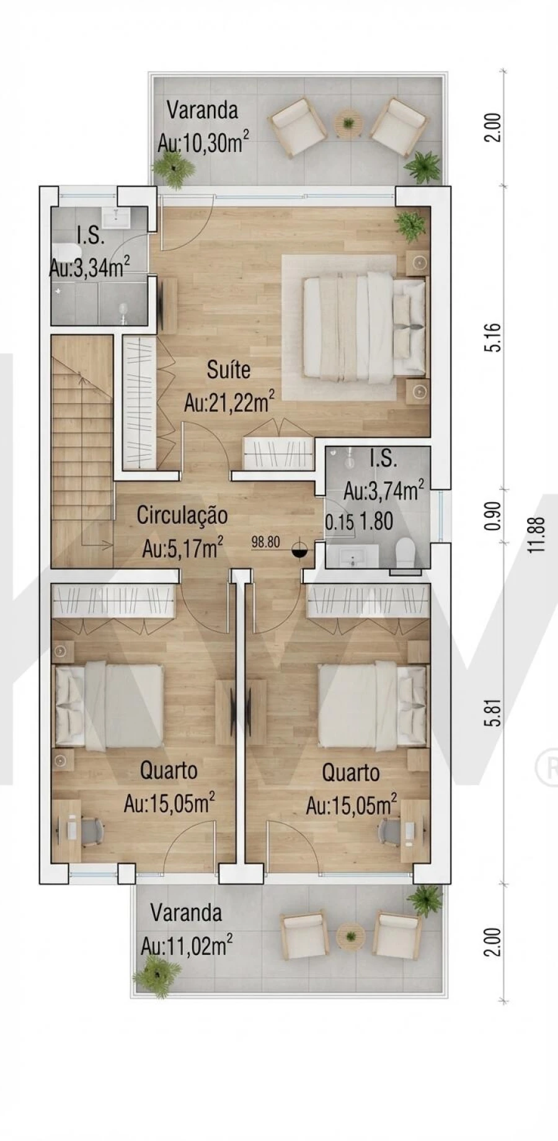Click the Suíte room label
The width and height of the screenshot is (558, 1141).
coord(229,370)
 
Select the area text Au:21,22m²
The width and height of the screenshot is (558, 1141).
coord(229,403)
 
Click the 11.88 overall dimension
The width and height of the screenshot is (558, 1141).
coord(537,535)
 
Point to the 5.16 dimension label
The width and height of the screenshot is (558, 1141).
coord(494,337)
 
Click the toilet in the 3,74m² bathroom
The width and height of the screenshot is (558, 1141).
coord(407,552)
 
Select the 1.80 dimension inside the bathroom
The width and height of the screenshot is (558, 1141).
coord(377,522)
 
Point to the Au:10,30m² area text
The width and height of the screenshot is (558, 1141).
coord(203,144)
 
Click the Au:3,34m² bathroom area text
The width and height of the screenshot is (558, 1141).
coord(89,268)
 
